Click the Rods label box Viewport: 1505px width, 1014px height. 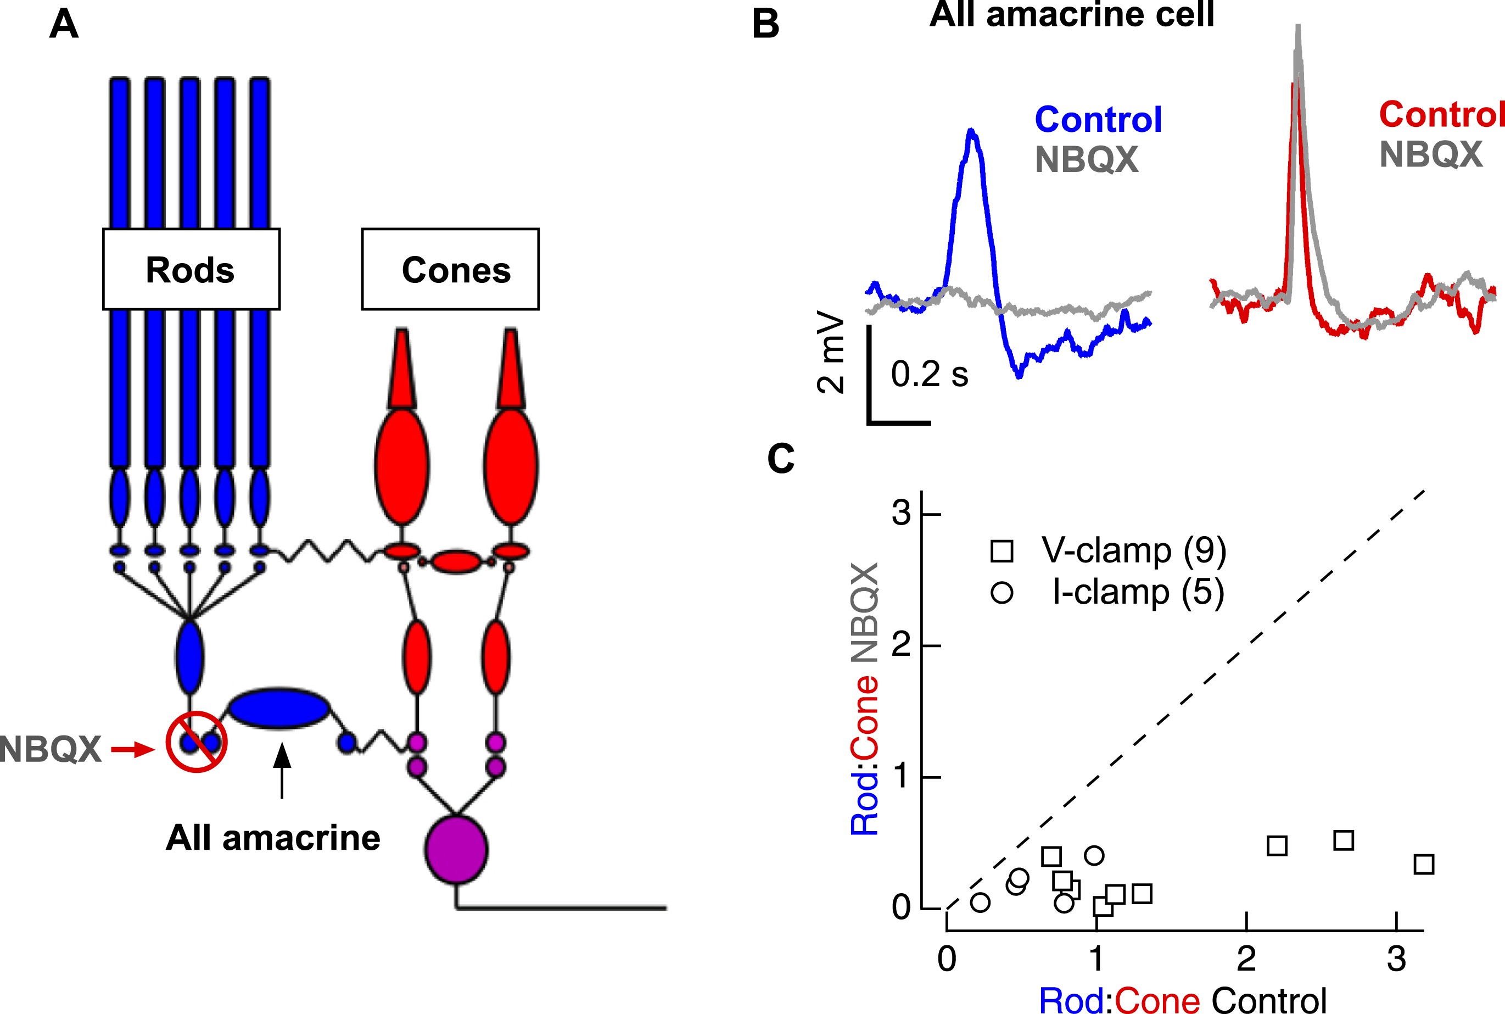[x=191, y=269]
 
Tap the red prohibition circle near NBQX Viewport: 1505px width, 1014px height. [x=196, y=742]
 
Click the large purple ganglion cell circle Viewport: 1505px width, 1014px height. [x=456, y=850]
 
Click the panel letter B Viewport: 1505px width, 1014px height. [x=765, y=25]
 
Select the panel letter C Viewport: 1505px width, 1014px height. [x=780, y=459]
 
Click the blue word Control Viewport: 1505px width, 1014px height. [x=1098, y=120]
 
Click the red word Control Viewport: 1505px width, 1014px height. [x=1441, y=115]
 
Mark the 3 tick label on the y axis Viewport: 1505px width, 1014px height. [x=900, y=514]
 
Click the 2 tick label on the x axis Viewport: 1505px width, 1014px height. [x=1246, y=959]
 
